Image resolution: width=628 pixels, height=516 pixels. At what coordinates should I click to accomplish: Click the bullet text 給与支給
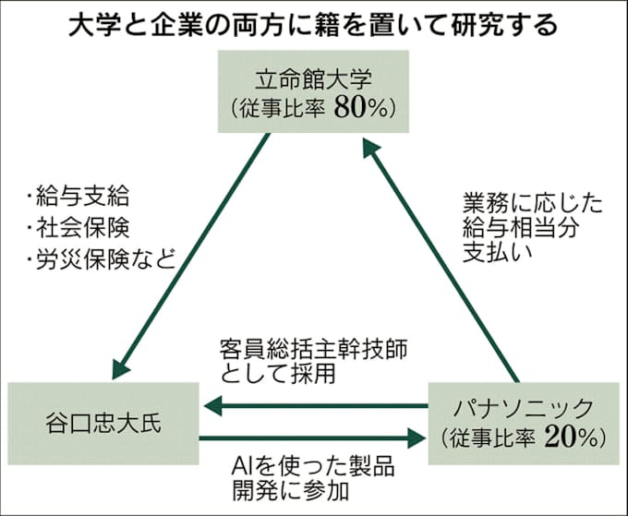tap(84, 197)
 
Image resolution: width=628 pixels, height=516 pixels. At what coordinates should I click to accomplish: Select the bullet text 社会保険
tap(84, 227)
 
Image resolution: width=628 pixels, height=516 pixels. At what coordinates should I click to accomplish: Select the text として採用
tap(277, 375)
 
